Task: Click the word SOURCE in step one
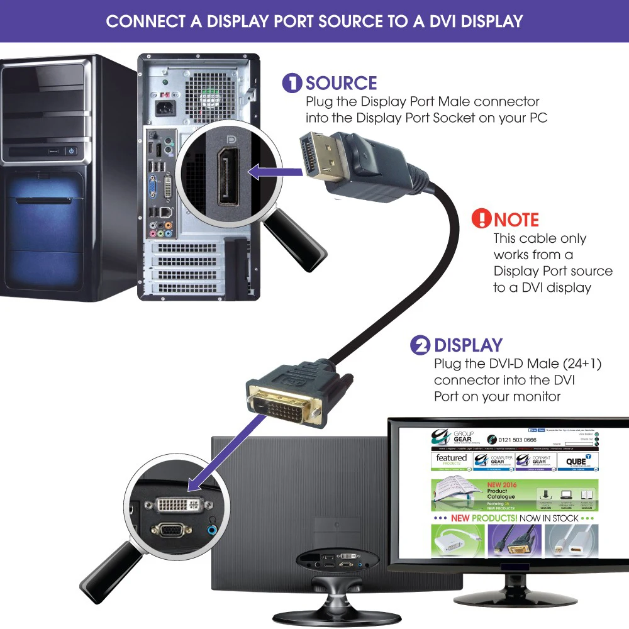342,83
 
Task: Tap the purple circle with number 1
292,83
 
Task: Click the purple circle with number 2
420,345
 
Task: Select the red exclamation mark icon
481,219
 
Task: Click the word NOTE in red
516,220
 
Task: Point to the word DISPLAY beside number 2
469,345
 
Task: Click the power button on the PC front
71,151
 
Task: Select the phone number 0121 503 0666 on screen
517,440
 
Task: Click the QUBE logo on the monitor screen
576,460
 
